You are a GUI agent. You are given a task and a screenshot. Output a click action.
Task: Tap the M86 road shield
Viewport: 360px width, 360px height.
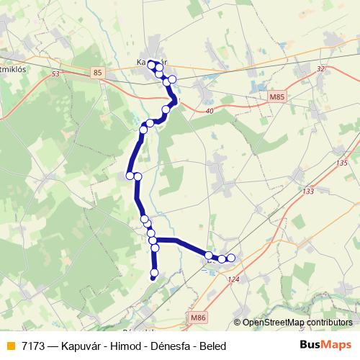click(x=199, y=316)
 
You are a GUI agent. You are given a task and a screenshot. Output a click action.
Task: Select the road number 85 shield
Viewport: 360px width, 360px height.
click(x=99, y=72)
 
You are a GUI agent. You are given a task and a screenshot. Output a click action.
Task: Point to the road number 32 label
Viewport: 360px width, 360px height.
click(x=320, y=68)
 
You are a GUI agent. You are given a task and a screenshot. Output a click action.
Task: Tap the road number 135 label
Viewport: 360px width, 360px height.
click(x=341, y=164)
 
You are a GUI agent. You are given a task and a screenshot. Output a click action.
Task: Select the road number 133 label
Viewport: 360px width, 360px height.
click(x=309, y=191)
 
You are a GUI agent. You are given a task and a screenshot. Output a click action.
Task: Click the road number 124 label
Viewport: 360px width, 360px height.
click(x=233, y=279)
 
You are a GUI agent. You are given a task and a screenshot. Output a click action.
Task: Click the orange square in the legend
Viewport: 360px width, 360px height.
click(x=11, y=346)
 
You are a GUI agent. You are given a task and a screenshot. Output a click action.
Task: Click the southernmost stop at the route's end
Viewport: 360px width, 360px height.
click(x=153, y=274)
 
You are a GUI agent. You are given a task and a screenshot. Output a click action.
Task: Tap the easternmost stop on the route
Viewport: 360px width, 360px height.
click(x=231, y=257)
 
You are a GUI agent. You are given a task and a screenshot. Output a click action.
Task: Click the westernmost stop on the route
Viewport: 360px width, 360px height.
click(x=130, y=175)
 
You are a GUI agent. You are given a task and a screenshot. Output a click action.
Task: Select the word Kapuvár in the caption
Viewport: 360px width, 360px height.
click(x=81, y=346)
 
